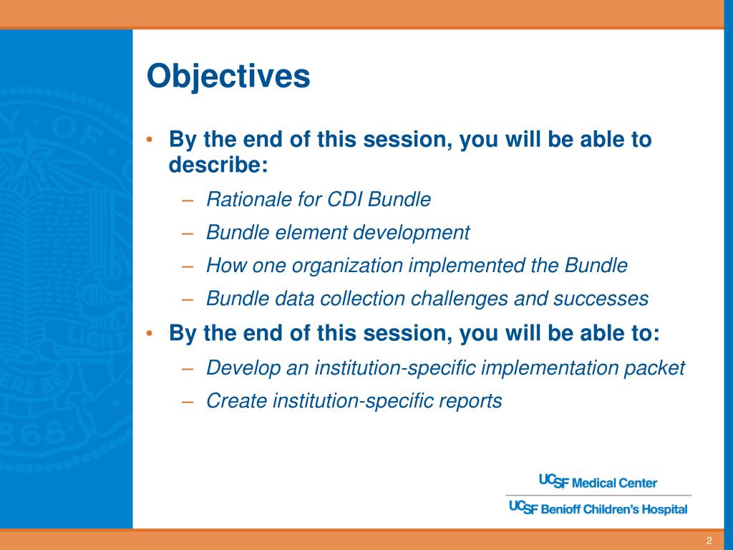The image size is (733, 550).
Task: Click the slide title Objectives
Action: click(x=228, y=77)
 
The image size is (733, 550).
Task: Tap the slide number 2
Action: click(x=709, y=541)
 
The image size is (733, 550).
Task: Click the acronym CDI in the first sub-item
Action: click(x=345, y=199)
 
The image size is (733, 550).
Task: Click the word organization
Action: click(x=347, y=266)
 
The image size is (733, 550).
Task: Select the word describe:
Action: click(x=218, y=164)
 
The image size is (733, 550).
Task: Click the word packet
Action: click(x=654, y=367)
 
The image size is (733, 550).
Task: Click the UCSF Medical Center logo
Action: click(x=598, y=482)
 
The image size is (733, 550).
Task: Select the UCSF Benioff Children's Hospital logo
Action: click(x=598, y=508)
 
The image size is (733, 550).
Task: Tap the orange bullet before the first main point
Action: click(x=149, y=140)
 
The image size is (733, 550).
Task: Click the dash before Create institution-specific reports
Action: click(x=188, y=401)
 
